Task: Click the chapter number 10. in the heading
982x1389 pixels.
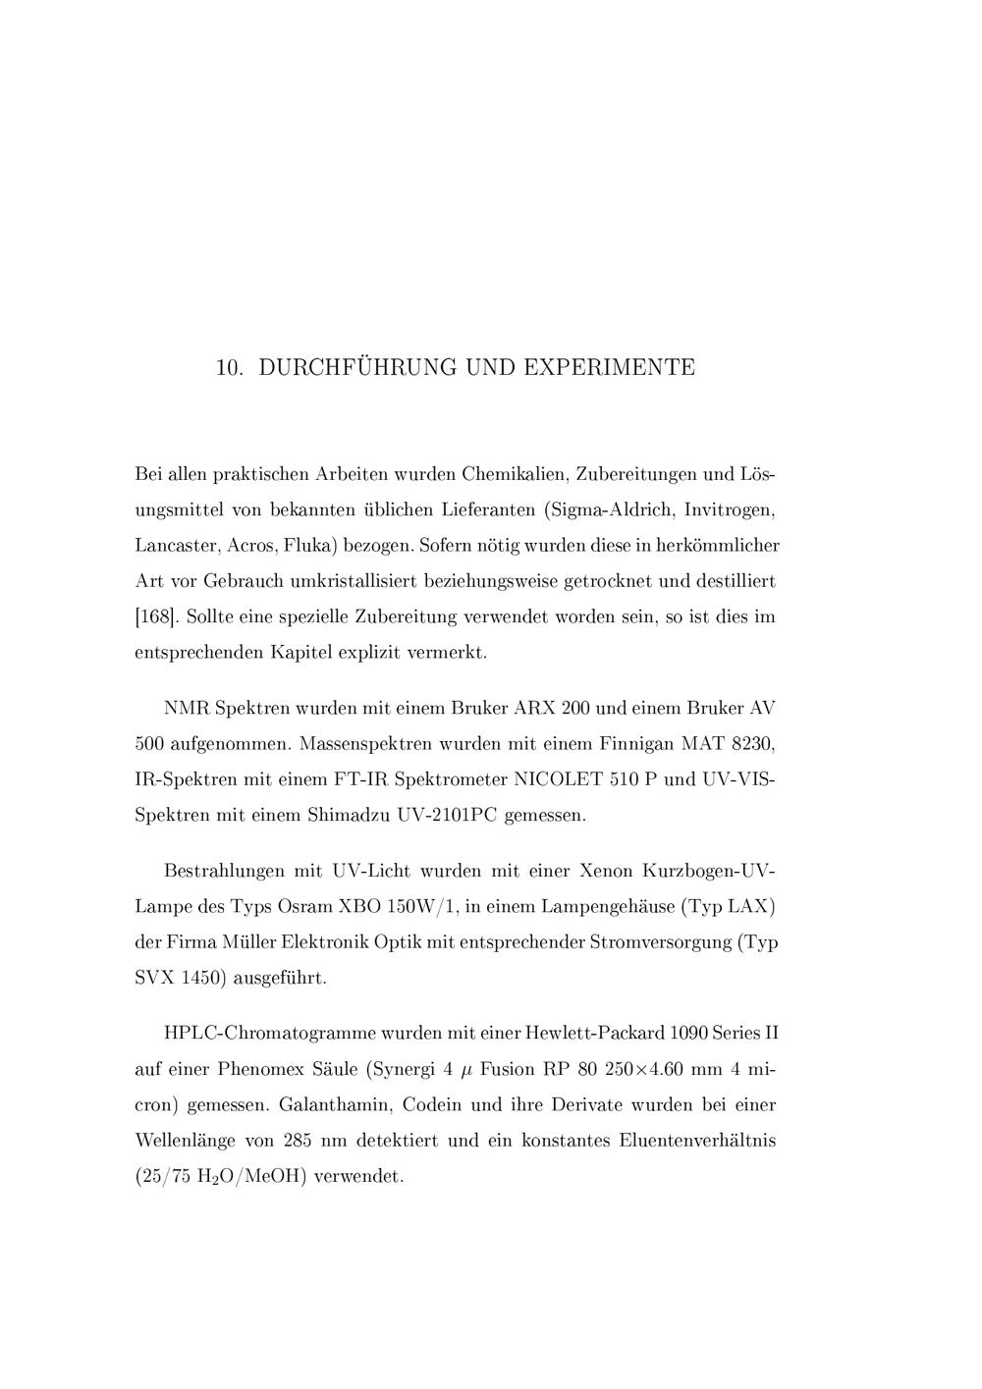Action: pyautogui.click(x=230, y=368)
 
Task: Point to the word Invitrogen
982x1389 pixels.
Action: pyautogui.click(x=730, y=510)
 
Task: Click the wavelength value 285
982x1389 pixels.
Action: pyautogui.click(x=298, y=1141)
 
